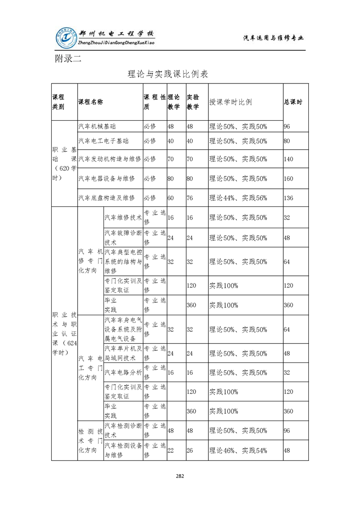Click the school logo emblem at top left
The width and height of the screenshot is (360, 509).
click(x=65, y=38)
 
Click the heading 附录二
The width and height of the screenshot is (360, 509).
click(x=68, y=58)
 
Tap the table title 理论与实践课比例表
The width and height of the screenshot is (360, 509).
click(x=168, y=74)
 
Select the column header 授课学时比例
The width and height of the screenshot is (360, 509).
click(x=231, y=102)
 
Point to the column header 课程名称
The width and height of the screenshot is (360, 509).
click(x=91, y=102)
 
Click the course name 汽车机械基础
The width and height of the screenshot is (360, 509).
click(x=97, y=126)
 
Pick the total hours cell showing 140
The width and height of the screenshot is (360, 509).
click(x=289, y=159)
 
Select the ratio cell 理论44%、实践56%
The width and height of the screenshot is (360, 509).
click(x=238, y=198)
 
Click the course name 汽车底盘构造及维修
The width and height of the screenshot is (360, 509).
click(x=107, y=198)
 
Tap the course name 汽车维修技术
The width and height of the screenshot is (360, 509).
click(x=123, y=218)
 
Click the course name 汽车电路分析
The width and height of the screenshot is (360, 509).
click(x=123, y=372)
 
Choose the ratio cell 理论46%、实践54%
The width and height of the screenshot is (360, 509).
click(x=238, y=450)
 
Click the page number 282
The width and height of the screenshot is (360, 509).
click(x=180, y=476)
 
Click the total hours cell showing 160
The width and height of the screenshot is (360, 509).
click(x=289, y=178)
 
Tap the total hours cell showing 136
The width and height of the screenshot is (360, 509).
click(x=289, y=198)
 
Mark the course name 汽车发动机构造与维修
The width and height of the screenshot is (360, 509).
click(x=110, y=159)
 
